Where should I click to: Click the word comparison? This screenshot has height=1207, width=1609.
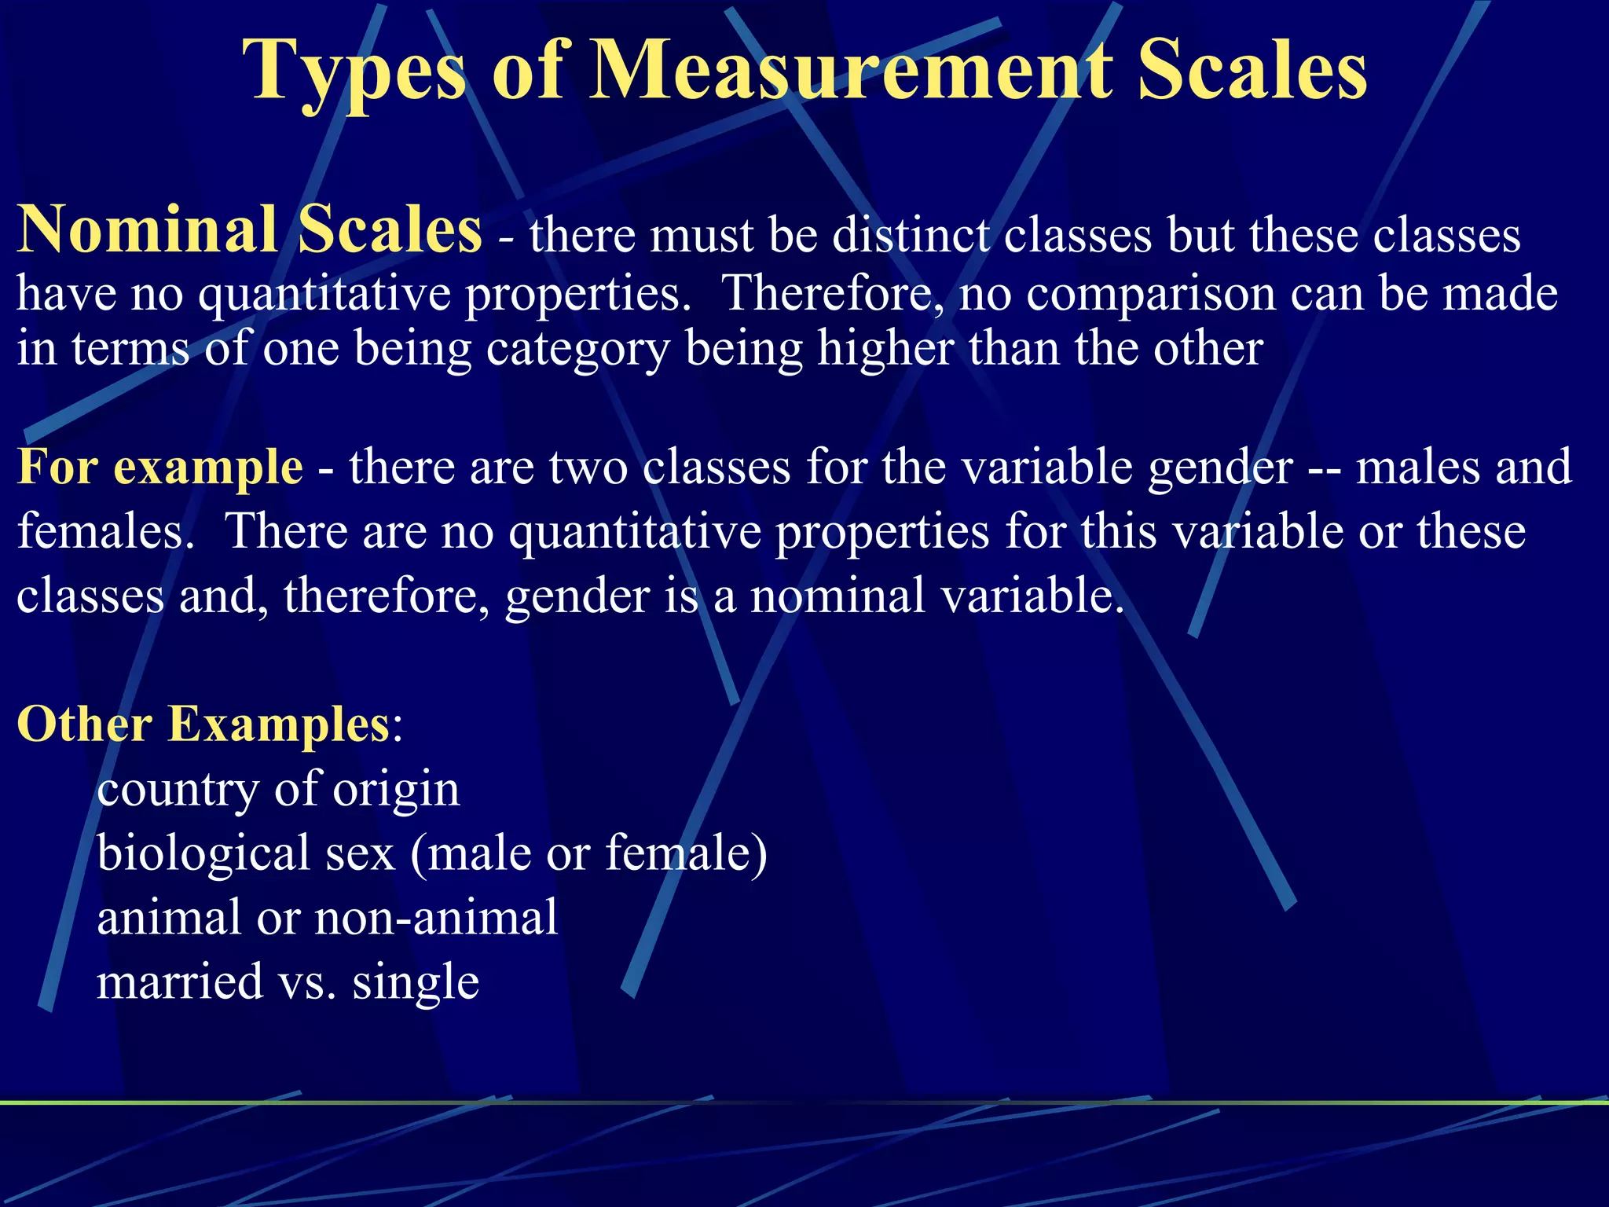1151,292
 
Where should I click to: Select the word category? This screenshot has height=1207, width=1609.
577,348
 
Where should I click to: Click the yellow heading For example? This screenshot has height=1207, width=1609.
160,466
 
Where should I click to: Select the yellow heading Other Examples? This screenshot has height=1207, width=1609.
203,723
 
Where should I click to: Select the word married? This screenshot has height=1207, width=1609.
180,981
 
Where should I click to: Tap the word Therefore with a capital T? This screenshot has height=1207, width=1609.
834,292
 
